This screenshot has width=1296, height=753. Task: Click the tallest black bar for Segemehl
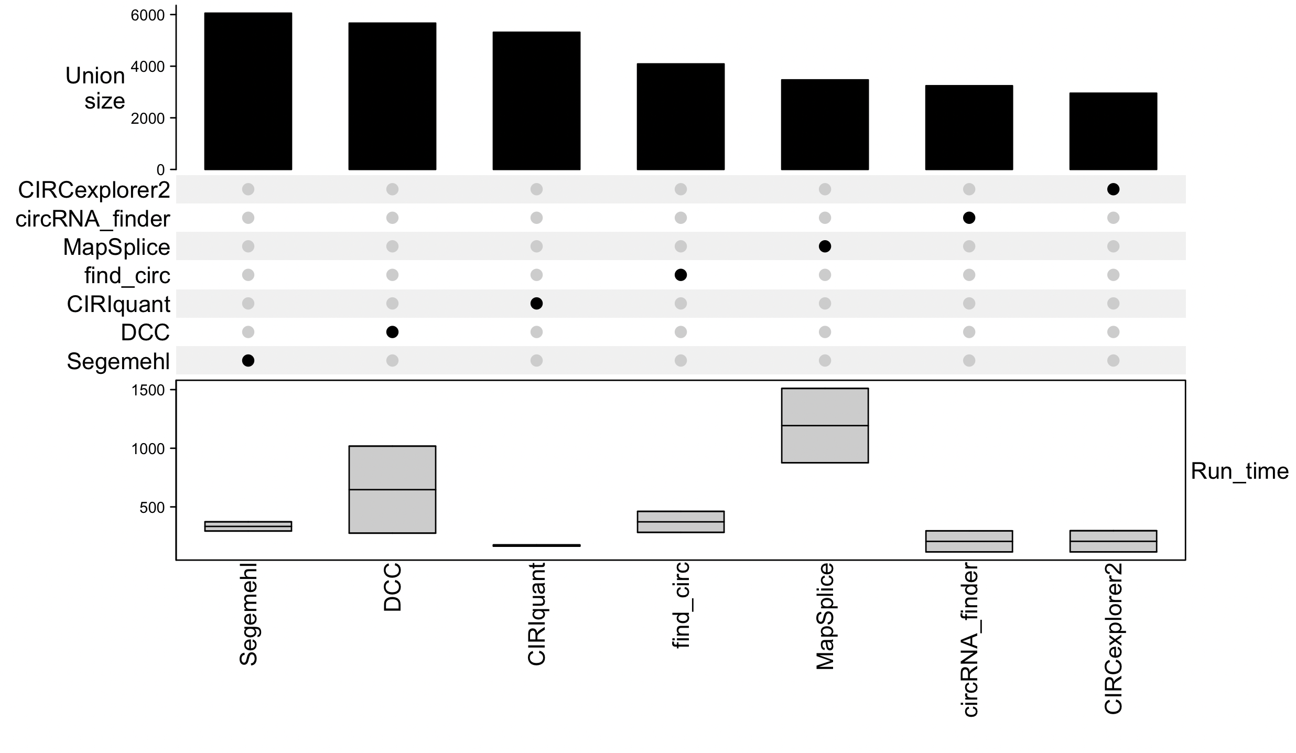pos(248,92)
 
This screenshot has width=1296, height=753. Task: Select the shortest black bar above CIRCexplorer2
pos(1113,131)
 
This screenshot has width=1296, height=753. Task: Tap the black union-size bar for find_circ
pos(681,116)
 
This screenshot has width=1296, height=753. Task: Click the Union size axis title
pos(95,88)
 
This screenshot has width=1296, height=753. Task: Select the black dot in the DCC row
pos(392,332)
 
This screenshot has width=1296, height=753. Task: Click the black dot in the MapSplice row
pos(825,246)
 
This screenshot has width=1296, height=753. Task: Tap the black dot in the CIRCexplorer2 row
pos(1113,189)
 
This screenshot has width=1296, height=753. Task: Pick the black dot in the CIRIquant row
pos(536,304)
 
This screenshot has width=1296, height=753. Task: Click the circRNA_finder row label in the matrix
pos(93,219)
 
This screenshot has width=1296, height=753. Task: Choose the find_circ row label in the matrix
pos(127,276)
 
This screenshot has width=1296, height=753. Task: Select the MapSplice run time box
pos(825,425)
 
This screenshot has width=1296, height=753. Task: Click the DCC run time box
pos(392,489)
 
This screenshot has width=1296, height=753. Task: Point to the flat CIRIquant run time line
pos(536,545)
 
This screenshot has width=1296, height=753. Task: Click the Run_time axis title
pos(1239,471)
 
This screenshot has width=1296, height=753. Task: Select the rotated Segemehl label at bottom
pos(249,614)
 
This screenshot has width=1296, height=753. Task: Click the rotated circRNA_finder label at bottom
pos(969,640)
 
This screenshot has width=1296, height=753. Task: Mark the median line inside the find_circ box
pos(681,522)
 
